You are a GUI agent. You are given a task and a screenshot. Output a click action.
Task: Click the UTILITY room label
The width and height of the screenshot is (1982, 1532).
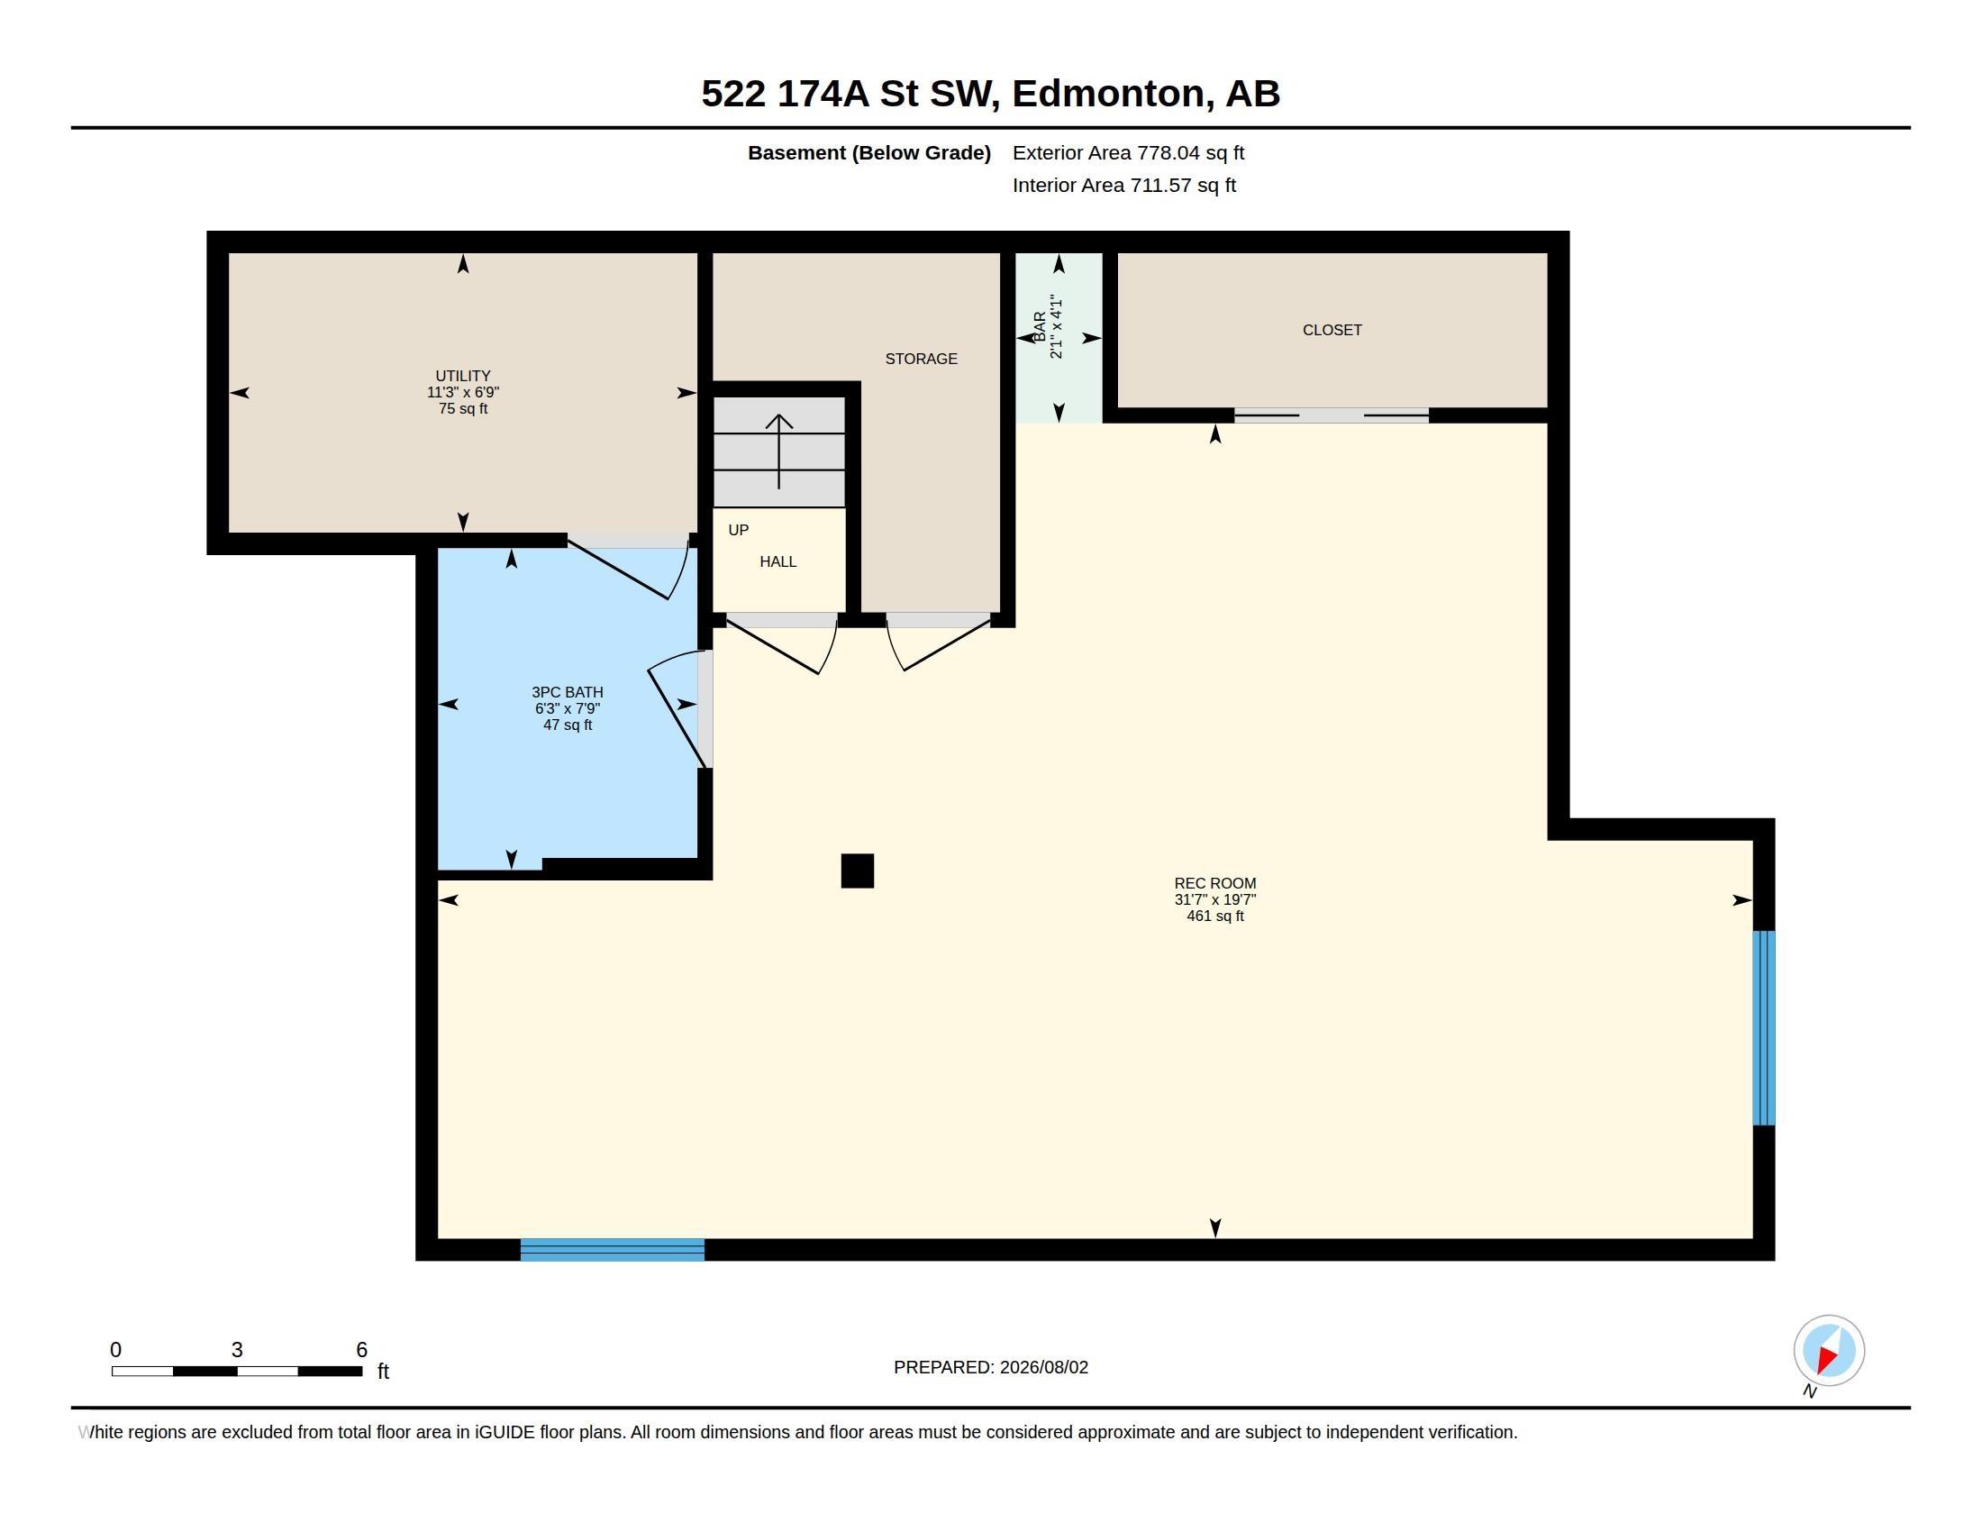(x=463, y=376)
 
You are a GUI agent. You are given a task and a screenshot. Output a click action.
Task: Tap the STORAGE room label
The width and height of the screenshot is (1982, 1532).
(x=921, y=359)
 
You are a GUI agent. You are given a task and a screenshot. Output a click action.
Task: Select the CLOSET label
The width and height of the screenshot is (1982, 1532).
(x=1332, y=330)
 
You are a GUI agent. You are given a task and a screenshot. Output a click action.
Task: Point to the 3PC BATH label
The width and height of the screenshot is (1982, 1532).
(x=568, y=691)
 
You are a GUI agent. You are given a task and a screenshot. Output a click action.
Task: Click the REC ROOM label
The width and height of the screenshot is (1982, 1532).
(x=1215, y=883)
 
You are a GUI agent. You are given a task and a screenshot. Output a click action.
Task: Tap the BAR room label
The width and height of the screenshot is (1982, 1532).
(x=1040, y=326)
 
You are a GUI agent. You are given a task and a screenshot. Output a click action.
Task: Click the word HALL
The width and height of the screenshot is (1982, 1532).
(x=777, y=561)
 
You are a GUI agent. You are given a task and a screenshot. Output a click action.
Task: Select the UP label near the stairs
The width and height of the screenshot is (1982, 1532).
(x=739, y=530)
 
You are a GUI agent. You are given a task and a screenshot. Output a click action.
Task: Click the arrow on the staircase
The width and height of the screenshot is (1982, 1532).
(x=778, y=451)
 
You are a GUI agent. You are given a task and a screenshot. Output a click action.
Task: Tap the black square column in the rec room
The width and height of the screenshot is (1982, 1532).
(x=858, y=871)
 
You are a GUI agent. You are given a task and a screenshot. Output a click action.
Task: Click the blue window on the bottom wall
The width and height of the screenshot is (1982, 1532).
(x=613, y=1250)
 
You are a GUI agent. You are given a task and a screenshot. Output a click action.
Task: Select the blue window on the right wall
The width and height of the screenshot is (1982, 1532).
(x=1763, y=1027)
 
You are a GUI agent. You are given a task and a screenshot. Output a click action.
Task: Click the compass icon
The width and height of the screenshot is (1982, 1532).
(x=1829, y=1351)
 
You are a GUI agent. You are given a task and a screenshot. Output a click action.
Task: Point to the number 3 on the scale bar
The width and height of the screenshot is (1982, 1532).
(x=237, y=1350)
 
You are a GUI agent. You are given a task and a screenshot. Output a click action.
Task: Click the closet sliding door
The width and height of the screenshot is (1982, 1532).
(x=1332, y=415)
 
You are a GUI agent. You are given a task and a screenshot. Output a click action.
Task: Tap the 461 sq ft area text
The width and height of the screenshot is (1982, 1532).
(x=1215, y=916)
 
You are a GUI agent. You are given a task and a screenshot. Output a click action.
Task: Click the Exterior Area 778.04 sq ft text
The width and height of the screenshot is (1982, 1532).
(x=1128, y=152)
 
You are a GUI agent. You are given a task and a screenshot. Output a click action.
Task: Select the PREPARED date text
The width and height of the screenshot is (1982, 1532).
(x=991, y=1367)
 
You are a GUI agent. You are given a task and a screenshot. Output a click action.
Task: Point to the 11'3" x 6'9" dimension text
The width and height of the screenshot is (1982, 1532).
(x=463, y=392)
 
